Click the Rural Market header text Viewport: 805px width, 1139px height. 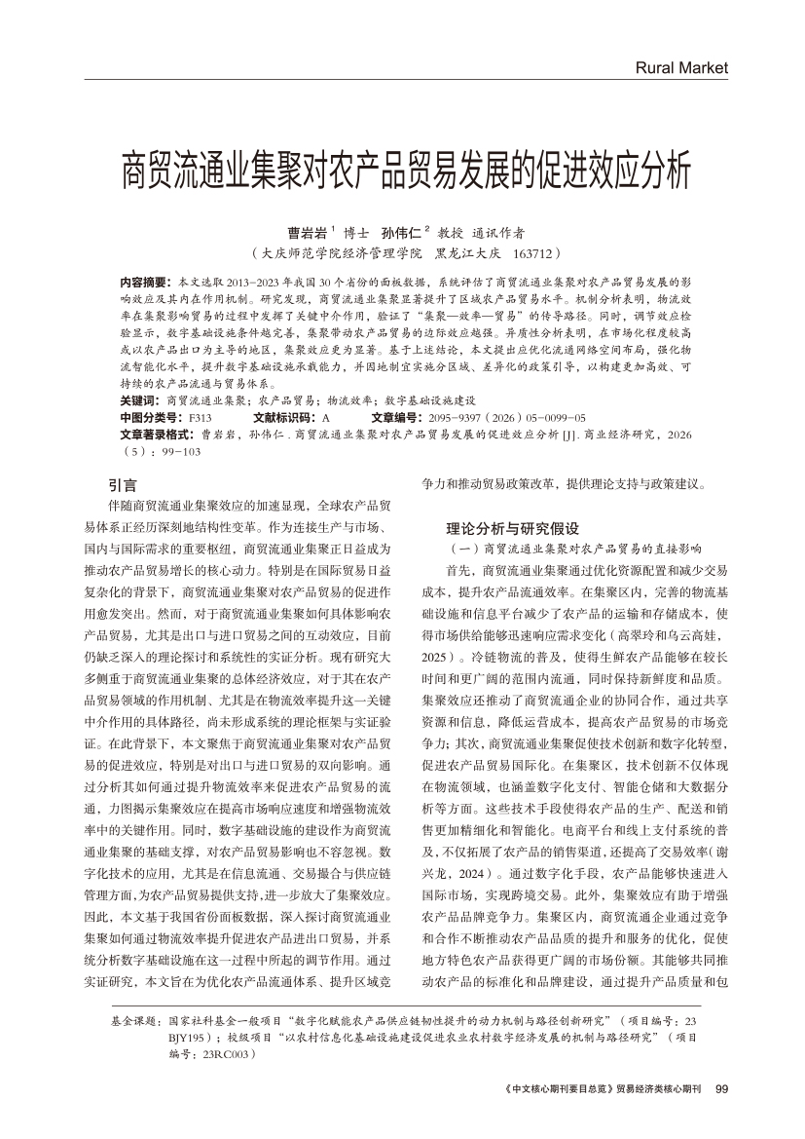coord(680,68)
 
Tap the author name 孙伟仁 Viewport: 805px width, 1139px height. coord(400,234)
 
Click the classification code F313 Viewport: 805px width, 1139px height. coord(200,416)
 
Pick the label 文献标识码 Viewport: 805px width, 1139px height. coord(270,416)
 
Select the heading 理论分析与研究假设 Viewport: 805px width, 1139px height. coord(512,529)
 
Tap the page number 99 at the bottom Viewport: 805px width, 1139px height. coord(721,1088)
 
